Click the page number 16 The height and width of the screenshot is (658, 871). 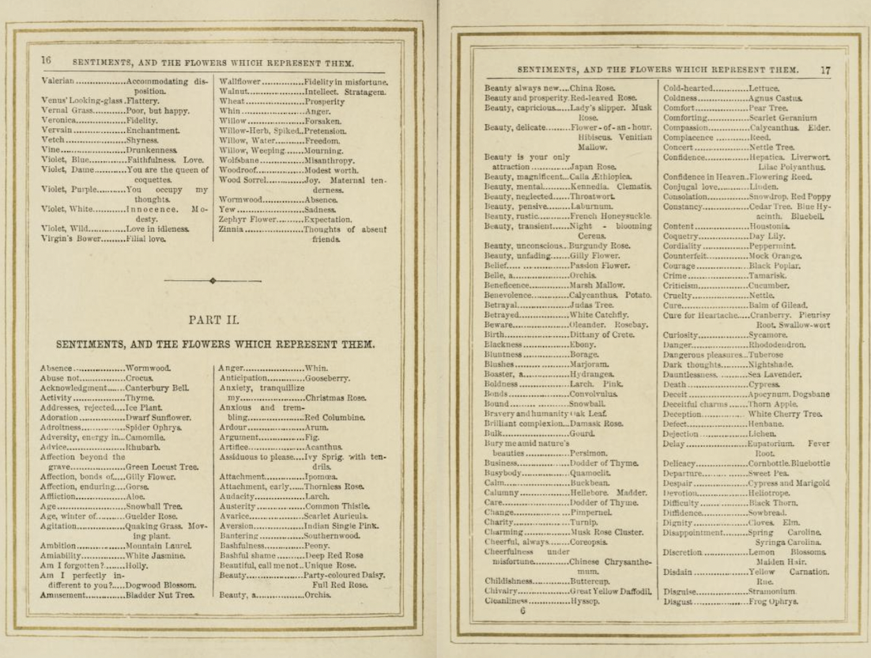pyautogui.click(x=47, y=60)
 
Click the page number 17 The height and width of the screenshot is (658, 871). pyautogui.click(x=825, y=70)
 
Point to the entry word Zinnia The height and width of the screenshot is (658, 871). pyautogui.click(x=232, y=229)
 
